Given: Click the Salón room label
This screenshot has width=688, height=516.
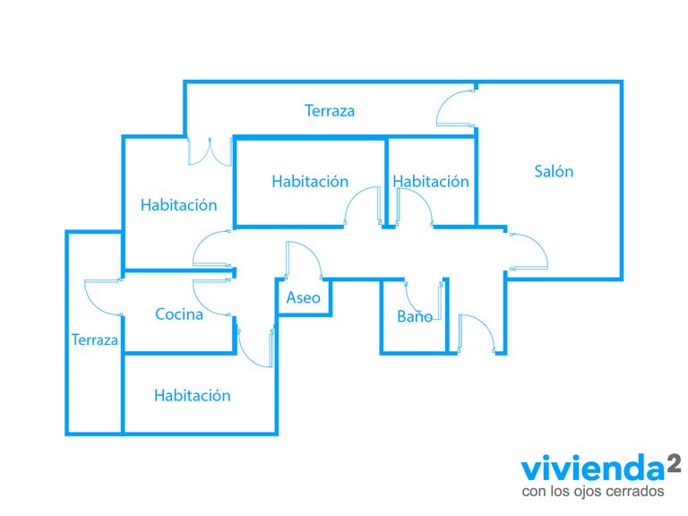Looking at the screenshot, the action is tap(554, 171).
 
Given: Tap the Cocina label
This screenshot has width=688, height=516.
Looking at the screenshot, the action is tap(179, 314).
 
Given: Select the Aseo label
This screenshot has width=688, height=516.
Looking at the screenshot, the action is tap(303, 298).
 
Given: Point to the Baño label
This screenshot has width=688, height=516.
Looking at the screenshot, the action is tap(415, 316).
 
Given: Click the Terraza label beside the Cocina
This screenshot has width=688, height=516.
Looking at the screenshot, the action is tap(94, 340).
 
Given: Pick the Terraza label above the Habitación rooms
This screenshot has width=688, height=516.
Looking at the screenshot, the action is tap(330, 110).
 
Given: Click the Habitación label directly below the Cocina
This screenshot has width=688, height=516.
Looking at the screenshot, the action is tap(193, 395).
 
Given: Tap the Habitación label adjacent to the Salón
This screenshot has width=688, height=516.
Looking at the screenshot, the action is tap(431, 181).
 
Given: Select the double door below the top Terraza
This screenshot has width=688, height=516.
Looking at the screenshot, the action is tap(210, 151).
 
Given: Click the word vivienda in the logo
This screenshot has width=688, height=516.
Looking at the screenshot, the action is tap(593, 469).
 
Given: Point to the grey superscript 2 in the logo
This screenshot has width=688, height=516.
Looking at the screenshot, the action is tap(674, 464).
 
